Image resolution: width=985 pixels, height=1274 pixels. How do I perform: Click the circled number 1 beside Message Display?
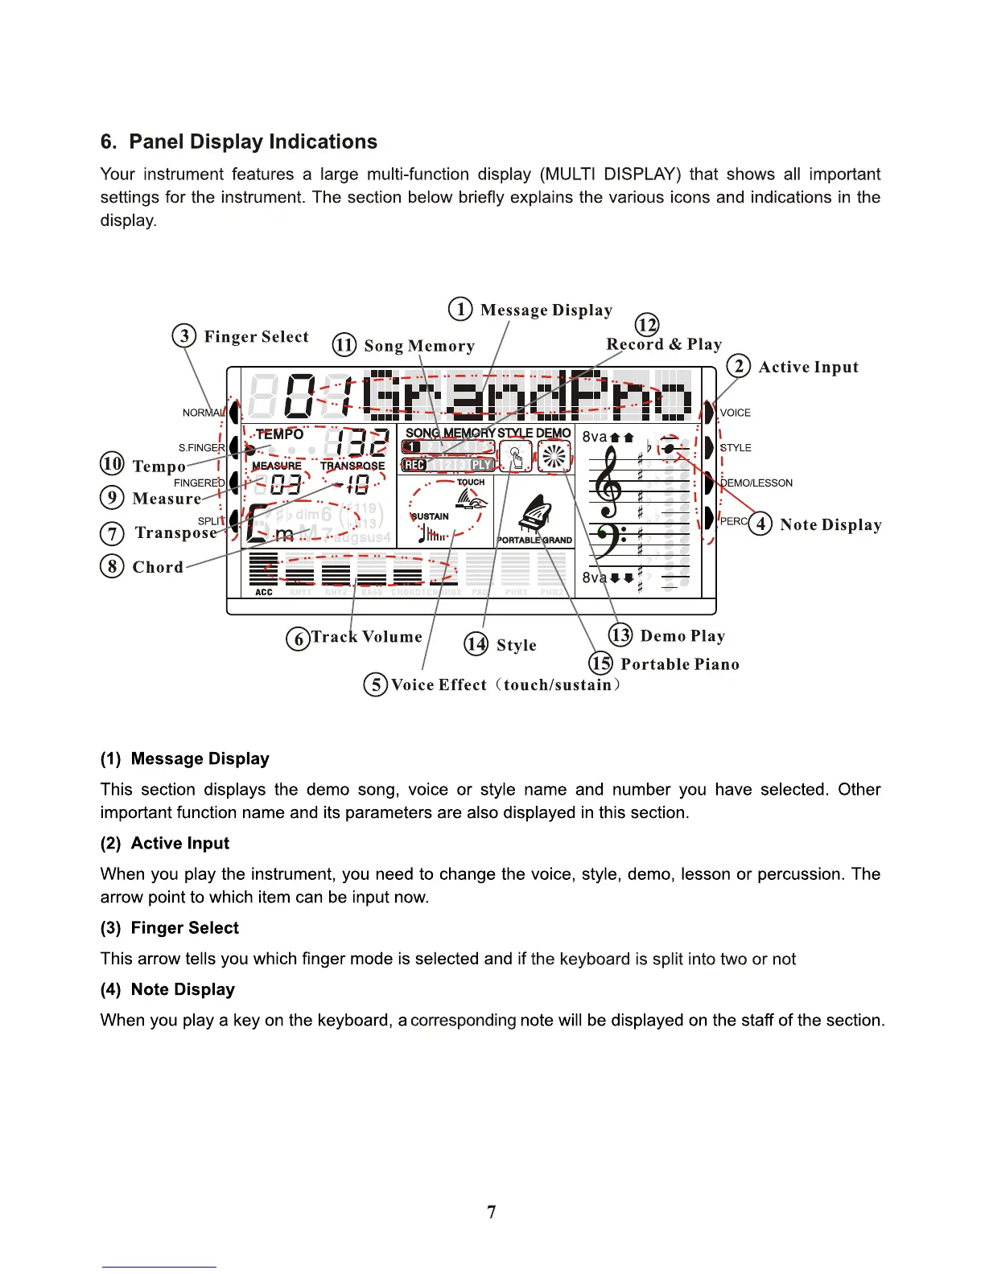coord(460,310)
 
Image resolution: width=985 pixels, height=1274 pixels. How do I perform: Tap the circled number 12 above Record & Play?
coord(647,324)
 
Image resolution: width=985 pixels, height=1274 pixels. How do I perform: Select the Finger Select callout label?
coord(256,336)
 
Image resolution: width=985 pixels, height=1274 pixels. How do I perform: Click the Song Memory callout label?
coord(419,346)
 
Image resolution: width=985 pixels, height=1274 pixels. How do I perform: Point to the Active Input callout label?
coord(808,367)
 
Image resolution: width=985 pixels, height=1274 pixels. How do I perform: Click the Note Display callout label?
coord(830,524)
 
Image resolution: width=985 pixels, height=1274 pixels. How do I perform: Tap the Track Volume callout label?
coord(367,637)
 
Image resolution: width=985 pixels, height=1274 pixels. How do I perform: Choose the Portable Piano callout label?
coord(680,664)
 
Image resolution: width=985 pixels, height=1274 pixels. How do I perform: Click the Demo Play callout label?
coord(682,636)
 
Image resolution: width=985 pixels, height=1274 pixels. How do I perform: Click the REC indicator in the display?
coord(414,465)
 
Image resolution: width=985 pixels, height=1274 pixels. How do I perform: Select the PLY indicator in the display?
coord(481,465)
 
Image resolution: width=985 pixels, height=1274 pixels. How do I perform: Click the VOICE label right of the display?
coord(736,413)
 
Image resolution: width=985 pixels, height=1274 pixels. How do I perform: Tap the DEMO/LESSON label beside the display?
coord(756,483)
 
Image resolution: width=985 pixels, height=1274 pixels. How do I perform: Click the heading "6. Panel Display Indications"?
coord(239,142)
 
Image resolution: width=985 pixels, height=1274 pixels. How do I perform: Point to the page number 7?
coord(492,1212)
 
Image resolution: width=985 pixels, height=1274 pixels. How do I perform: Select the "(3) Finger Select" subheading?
coord(170,927)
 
